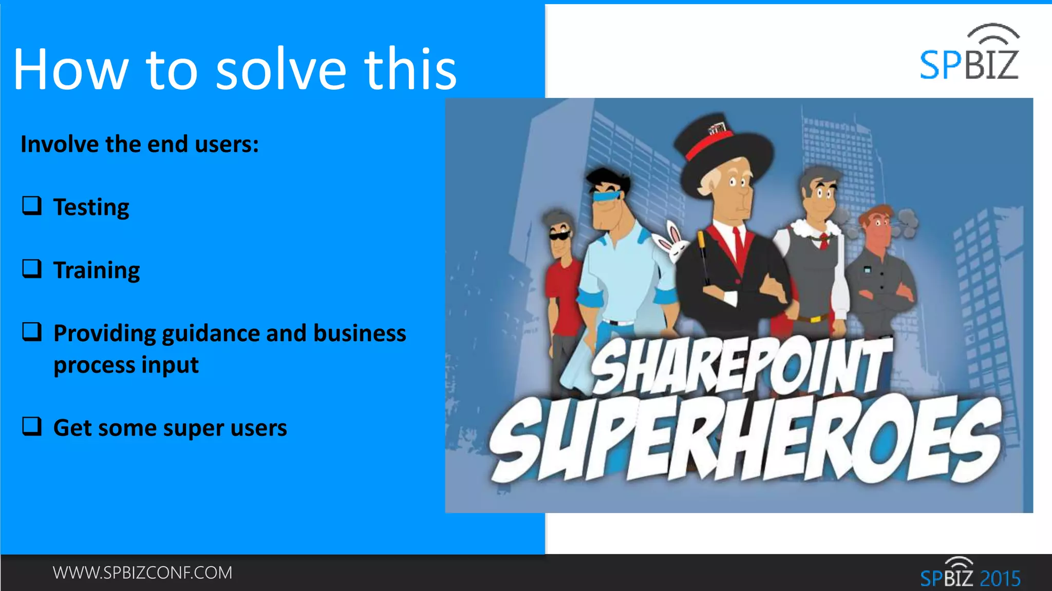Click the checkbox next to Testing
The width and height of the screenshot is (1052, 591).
coord(32,206)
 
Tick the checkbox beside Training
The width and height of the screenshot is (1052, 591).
coord(32,269)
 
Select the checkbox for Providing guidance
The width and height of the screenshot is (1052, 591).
coord(32,332)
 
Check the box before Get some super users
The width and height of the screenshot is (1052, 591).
coord(32,426)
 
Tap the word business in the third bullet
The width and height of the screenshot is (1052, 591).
coord(360,333)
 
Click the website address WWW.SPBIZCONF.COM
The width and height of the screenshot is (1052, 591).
coord(142,573)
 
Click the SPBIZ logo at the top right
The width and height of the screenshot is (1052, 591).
coord(969,54)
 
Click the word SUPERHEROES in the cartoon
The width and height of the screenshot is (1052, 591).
coord(745,441)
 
